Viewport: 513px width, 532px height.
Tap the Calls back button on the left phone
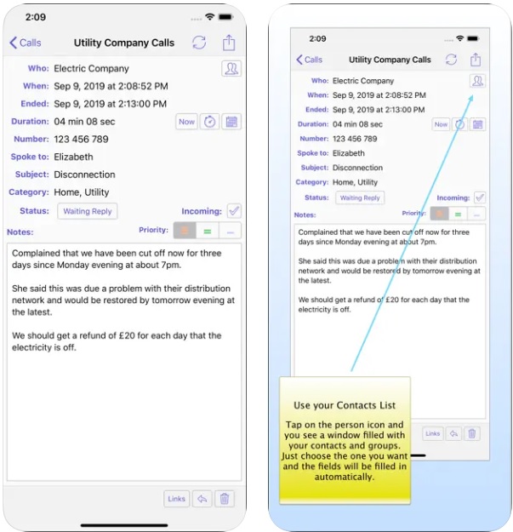26,43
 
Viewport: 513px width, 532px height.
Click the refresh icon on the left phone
199,43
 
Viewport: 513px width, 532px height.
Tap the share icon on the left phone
229,43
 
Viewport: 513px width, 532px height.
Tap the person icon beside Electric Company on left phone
231,69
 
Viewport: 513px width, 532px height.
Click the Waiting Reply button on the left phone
88,211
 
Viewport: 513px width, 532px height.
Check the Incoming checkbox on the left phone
234,211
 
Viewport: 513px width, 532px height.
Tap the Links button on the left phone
176,499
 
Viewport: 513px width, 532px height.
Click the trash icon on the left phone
225,499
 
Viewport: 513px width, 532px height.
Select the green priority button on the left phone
208,231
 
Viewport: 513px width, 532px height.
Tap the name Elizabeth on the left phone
73,157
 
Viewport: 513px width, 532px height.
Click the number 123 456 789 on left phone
81,139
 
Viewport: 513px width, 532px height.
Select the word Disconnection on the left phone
84,174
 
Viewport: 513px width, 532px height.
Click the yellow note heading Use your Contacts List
345,405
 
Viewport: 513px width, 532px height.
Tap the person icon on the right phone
477,81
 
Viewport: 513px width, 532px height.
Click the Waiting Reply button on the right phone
360,197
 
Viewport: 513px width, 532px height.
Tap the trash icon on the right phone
472,433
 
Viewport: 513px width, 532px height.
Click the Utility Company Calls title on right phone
390,60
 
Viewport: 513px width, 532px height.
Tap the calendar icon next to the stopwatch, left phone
231,122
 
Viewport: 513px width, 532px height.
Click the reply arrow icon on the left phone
202,499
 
